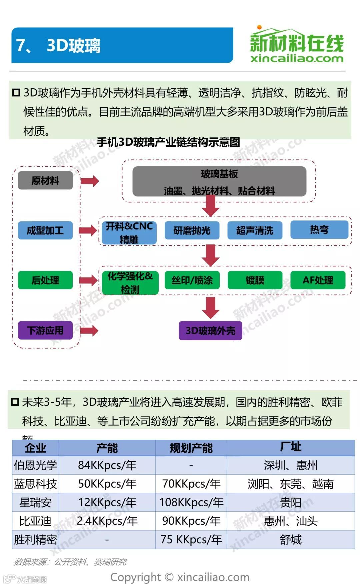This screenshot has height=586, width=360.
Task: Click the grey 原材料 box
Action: [45, 180]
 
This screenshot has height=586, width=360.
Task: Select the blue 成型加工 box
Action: [45, 230]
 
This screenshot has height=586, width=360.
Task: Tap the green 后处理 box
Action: [45, 280]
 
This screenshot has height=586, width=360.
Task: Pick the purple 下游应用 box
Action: [45, 330]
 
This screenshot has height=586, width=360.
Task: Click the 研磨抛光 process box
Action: [192, 230]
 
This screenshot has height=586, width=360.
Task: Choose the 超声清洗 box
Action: [255, 230]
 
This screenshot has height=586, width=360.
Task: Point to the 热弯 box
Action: [319, 229]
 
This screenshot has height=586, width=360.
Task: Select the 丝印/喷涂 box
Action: [192, 280]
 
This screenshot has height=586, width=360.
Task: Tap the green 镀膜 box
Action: [255, 280]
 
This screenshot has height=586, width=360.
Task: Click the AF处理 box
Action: [318, 280]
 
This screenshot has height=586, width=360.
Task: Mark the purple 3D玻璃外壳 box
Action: [210, 331]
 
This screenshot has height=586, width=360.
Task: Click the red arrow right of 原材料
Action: [90, 181]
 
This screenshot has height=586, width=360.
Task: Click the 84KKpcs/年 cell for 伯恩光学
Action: [107, 465]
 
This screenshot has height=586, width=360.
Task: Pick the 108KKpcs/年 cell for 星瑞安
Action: [191, 502]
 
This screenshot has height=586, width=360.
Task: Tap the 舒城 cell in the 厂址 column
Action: [291, 539]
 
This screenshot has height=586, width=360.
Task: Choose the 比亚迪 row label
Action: [35, 521]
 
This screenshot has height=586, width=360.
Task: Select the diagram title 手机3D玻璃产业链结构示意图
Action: [168, 142]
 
